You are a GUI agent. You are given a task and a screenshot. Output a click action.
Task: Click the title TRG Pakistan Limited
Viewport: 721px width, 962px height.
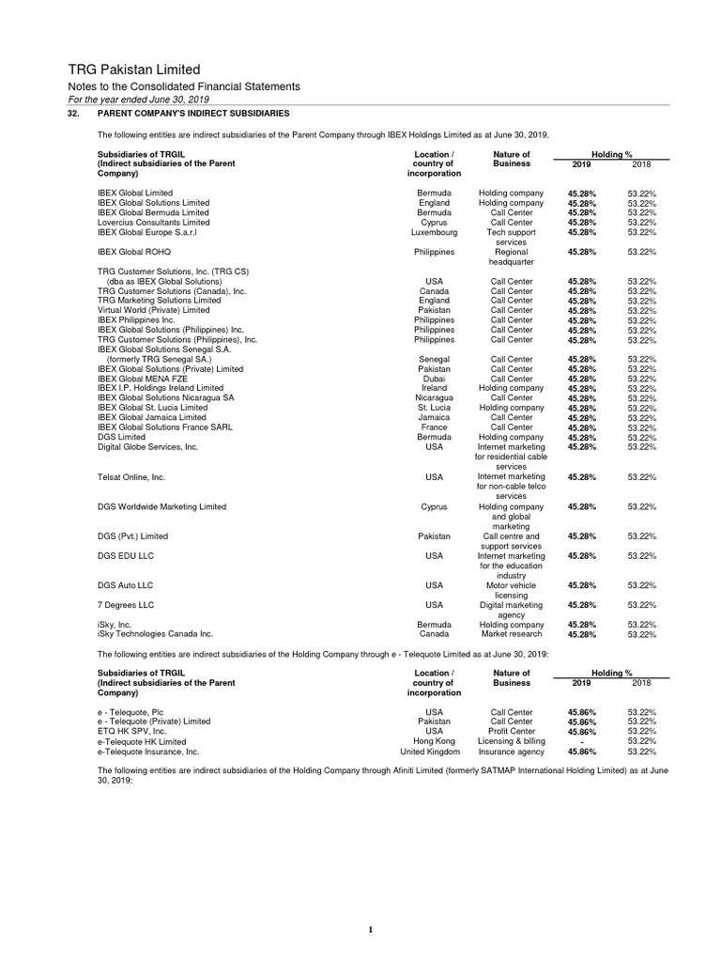[x=134, y=70]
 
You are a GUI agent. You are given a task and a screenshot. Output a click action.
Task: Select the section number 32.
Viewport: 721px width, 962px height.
[x=73, y=113]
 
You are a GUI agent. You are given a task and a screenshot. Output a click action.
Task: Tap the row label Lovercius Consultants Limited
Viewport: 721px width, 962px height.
[x=153, y=223]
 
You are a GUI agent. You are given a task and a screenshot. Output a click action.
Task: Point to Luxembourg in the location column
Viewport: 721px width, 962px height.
[x=434, y=232]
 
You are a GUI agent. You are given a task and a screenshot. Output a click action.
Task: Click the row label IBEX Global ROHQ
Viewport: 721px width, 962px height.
[x=134, y=252]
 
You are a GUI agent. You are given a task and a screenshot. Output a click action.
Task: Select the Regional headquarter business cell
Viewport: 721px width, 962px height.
[x=511, y=257]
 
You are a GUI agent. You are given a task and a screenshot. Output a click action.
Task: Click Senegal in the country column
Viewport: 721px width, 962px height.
[x=434, y=359]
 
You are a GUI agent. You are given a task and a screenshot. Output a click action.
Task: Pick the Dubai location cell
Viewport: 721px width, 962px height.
[x=434, y=379]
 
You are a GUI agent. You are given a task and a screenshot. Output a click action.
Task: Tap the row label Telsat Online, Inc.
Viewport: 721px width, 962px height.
[x=131, y=477]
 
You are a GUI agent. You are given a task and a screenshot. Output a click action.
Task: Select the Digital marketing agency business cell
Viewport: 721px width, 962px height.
[x=511, y=610]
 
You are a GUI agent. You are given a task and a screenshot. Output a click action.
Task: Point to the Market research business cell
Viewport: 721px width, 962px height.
[x=511, y=634]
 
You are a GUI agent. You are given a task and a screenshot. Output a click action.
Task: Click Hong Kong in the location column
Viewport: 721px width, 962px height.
[x=434, y=741]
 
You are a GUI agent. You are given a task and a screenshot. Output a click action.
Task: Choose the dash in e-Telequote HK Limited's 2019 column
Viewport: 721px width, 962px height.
[x=581, y=742]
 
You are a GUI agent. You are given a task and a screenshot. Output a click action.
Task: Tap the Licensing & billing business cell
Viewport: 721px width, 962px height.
[x=511, y=741]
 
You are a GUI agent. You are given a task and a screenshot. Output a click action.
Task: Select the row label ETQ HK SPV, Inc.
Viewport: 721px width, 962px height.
[x=132, y=731]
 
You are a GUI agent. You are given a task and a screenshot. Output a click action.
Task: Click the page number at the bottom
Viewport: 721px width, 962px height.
[x=371, y=930]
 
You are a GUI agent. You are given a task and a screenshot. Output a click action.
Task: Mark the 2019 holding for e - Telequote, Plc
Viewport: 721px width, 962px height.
[x=581, y=712]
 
